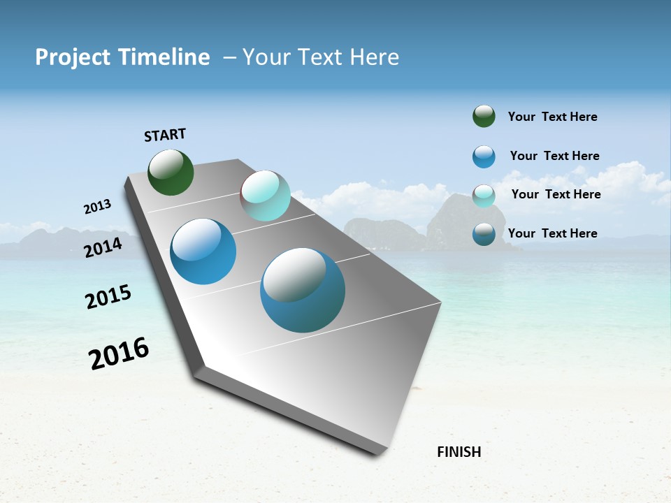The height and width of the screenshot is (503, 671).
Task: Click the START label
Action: [165, 135]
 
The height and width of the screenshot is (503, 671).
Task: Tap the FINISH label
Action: [459, 452]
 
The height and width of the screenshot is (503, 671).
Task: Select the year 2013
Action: [97, 207]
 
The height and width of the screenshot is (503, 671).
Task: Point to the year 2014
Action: [103, 247]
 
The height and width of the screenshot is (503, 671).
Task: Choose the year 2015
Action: [108, 297]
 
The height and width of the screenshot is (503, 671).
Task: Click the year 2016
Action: [119, 353]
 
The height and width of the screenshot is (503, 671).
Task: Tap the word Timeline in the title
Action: [164, 57]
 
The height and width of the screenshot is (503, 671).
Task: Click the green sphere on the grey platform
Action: [171, 172]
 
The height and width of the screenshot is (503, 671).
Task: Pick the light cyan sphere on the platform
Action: [265, 196]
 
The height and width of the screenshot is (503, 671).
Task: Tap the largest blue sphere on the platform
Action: [303, 290]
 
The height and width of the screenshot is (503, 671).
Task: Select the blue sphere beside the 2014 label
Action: [203, 251]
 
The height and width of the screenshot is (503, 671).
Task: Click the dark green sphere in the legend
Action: [484, 117]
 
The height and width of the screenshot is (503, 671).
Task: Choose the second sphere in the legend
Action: [484, 156]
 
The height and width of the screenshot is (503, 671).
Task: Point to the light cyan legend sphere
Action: [484, 196]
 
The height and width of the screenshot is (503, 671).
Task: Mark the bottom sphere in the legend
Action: [484, 234]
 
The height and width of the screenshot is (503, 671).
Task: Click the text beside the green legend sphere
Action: [552, 117]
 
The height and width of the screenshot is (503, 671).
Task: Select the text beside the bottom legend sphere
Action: [552, 233]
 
